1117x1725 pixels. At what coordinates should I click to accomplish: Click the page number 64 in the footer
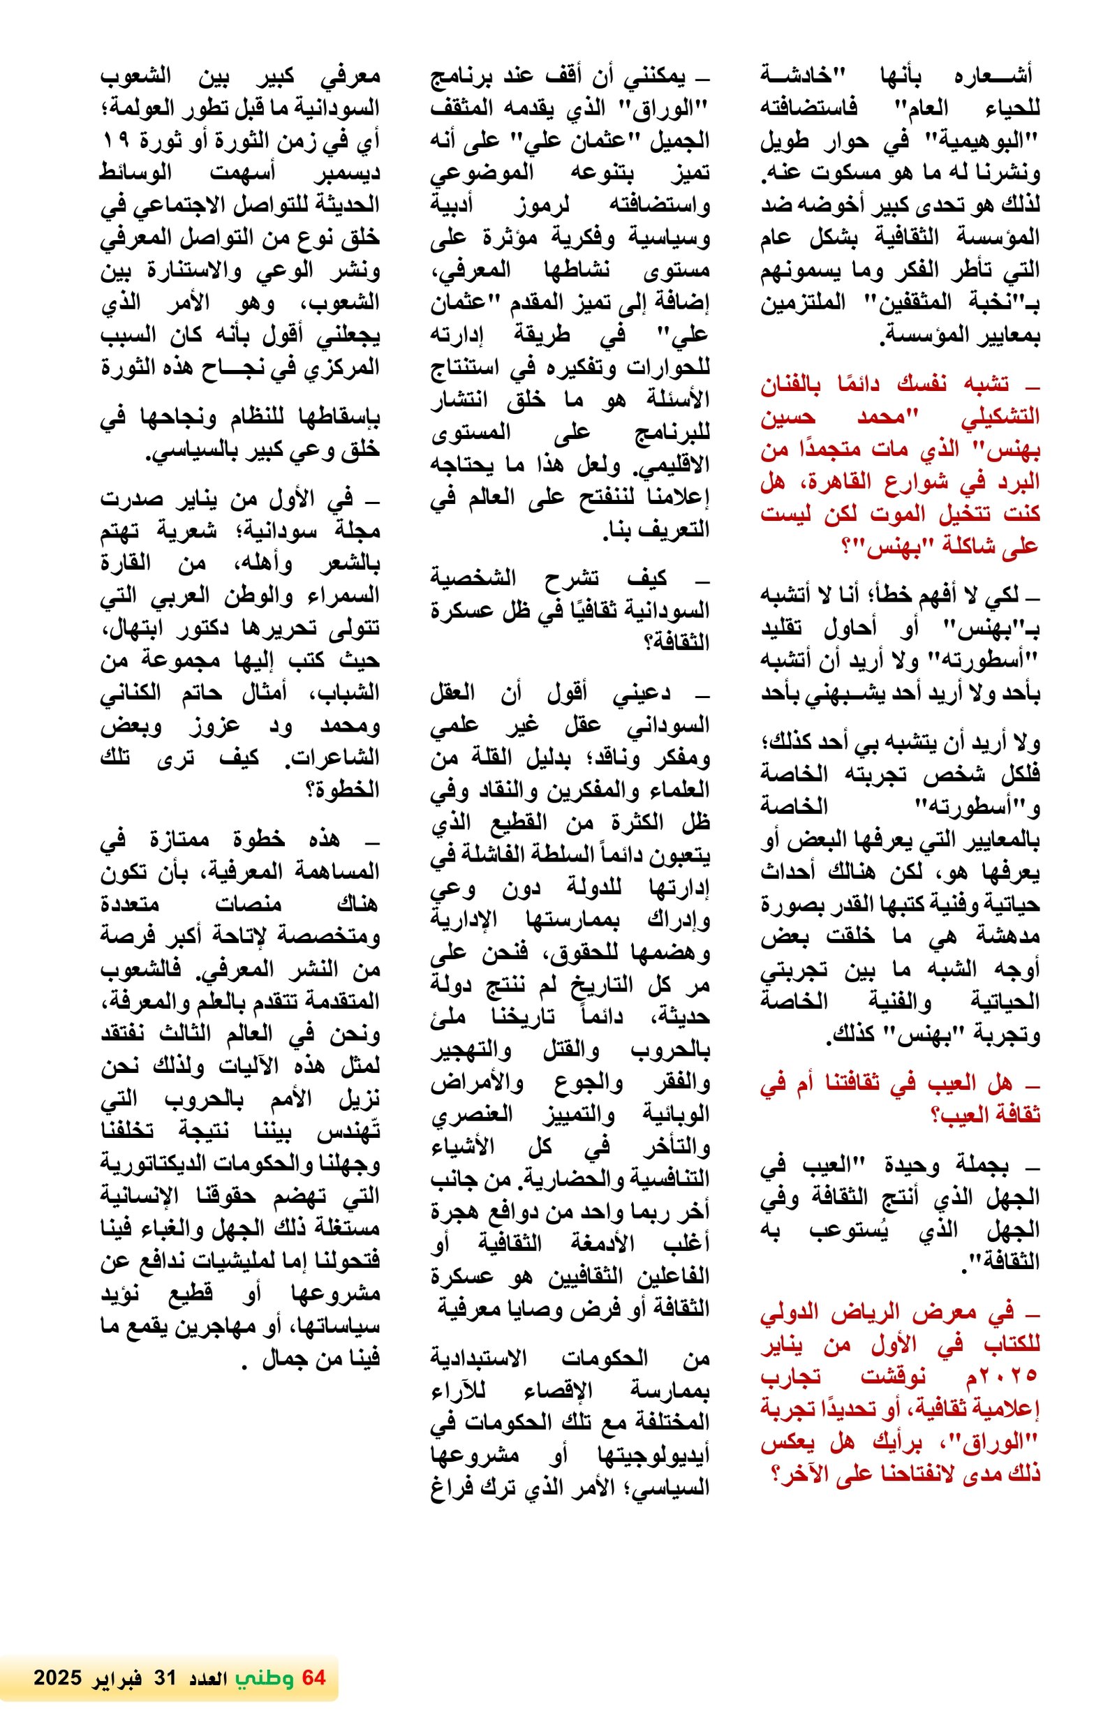[x=314, y=1677]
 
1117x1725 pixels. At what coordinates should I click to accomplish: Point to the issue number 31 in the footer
[x=160, y=1677]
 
